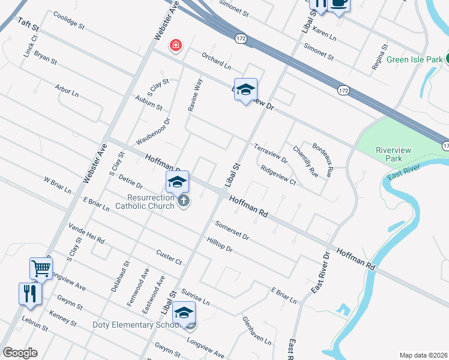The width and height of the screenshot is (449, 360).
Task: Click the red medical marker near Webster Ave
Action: click(176, 46)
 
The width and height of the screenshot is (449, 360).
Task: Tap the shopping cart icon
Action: click(40, 268)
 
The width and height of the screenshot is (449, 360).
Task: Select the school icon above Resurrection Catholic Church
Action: click(177, 182)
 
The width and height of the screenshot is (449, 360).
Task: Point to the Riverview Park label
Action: click(388, 154)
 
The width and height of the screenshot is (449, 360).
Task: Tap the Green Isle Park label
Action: click(414, 59)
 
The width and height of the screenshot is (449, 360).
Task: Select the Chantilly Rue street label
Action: click(305, 161)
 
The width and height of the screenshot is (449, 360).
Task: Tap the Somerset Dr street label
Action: click(232, 230)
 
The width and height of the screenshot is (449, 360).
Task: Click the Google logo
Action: click(20, 353)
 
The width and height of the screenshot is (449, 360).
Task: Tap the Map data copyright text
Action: click(424, 355)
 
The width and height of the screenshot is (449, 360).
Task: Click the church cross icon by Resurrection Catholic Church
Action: click(184, 201)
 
